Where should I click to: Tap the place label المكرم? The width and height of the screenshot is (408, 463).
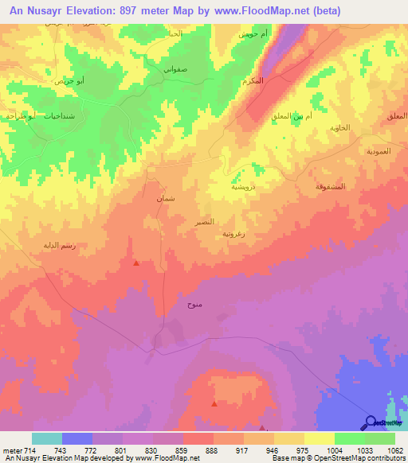275,82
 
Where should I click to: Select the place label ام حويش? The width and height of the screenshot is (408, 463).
251,36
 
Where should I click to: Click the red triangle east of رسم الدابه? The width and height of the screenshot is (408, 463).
137,263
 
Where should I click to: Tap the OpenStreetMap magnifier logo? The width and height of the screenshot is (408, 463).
370,423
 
